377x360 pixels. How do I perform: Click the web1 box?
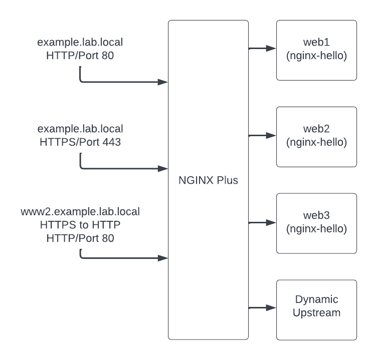[316, 50]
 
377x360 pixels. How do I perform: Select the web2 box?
[316, 136]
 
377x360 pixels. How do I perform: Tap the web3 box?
[316, 223]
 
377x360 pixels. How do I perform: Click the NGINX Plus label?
[208, 181]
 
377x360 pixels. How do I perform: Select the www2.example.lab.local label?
[80, 211]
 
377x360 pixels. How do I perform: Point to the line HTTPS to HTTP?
[80, 225]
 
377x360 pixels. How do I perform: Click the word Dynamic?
[316, 299]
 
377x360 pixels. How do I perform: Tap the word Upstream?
[316, 313]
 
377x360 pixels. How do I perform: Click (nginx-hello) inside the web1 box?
[316, 56]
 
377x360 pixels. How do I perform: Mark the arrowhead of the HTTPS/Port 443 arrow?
[163, 169]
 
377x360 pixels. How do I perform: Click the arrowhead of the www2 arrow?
[163, 258]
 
